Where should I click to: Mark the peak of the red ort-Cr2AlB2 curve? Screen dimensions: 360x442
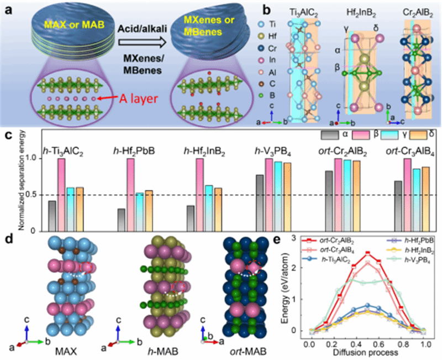(367, 253)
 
